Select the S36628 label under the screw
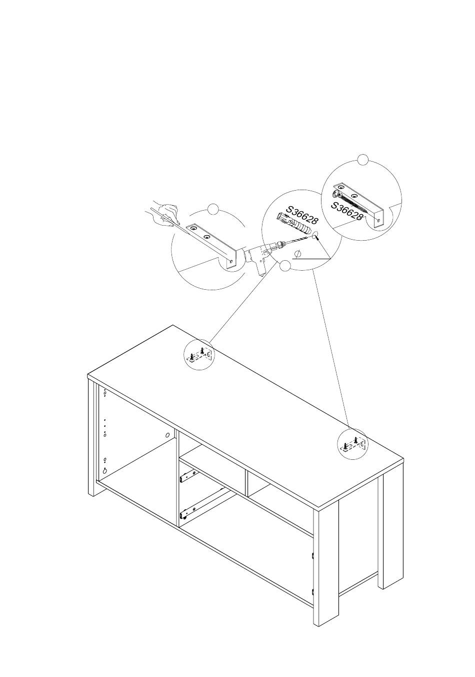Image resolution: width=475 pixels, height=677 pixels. (346, 211)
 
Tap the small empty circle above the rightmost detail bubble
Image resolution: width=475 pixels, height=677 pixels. (363, 160)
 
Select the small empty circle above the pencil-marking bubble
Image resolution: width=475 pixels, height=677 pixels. (213, 209)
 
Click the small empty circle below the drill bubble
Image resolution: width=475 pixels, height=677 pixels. (285, 266)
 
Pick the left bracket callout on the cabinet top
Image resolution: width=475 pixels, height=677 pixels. (199, 355)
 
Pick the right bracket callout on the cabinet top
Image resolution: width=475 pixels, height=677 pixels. (352, 443)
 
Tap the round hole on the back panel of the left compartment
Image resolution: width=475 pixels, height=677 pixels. (167, 435)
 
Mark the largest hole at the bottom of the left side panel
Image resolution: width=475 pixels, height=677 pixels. (105, 471)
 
